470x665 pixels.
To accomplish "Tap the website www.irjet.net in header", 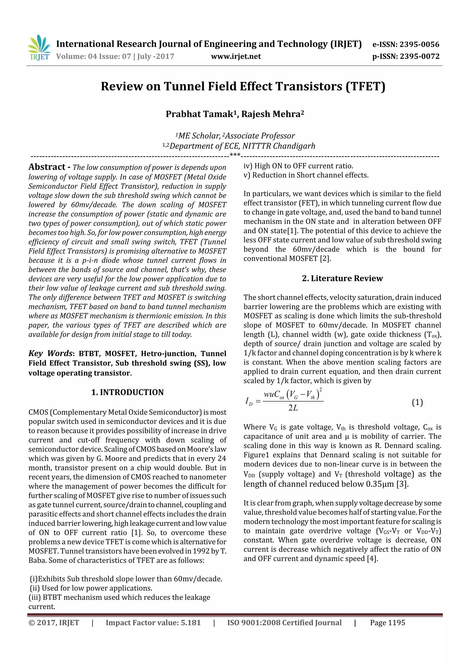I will tap(236, 56).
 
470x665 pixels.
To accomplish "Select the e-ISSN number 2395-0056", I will tap(419, 44).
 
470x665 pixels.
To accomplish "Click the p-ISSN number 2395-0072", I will tap(419, 56).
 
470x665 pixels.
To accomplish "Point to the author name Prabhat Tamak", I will tap(199, 114).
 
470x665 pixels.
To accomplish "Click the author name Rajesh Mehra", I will tap(271, 114).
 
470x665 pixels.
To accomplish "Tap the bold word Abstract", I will tap(47, 167).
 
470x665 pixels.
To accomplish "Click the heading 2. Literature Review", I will tap(342, 278).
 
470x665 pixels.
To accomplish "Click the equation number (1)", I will tap(417, 402).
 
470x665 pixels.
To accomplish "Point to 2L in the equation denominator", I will tap(293, 408).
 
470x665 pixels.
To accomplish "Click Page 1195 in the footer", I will tap(387, 623).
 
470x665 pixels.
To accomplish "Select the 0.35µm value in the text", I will tap(380, 484).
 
